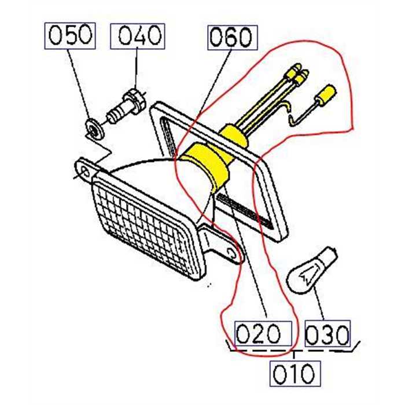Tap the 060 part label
pos(230,38)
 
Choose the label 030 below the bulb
pos(327,334)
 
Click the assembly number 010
pos(294,373)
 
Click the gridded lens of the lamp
pos(145,226)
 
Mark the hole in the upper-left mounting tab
pos(85,170)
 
